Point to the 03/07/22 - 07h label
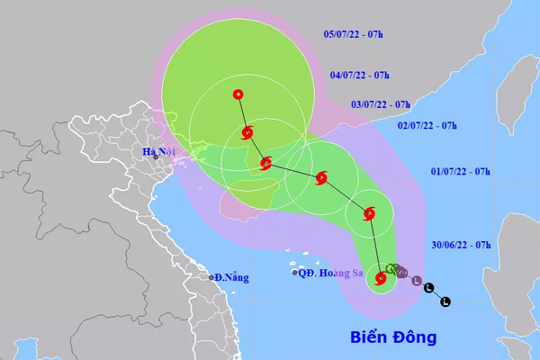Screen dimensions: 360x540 (380, 103)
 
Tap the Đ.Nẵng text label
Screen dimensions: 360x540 (231, 277)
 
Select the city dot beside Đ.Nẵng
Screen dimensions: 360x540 (211, 277)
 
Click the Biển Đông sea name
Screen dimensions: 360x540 (392, 338)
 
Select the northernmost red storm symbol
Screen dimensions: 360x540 (238, 94)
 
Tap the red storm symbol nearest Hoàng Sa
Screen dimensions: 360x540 (381, 280)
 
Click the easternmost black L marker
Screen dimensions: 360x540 (445, 301)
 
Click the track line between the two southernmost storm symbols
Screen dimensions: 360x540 (374, 247)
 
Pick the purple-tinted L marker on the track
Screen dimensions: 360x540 (417, 282)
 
